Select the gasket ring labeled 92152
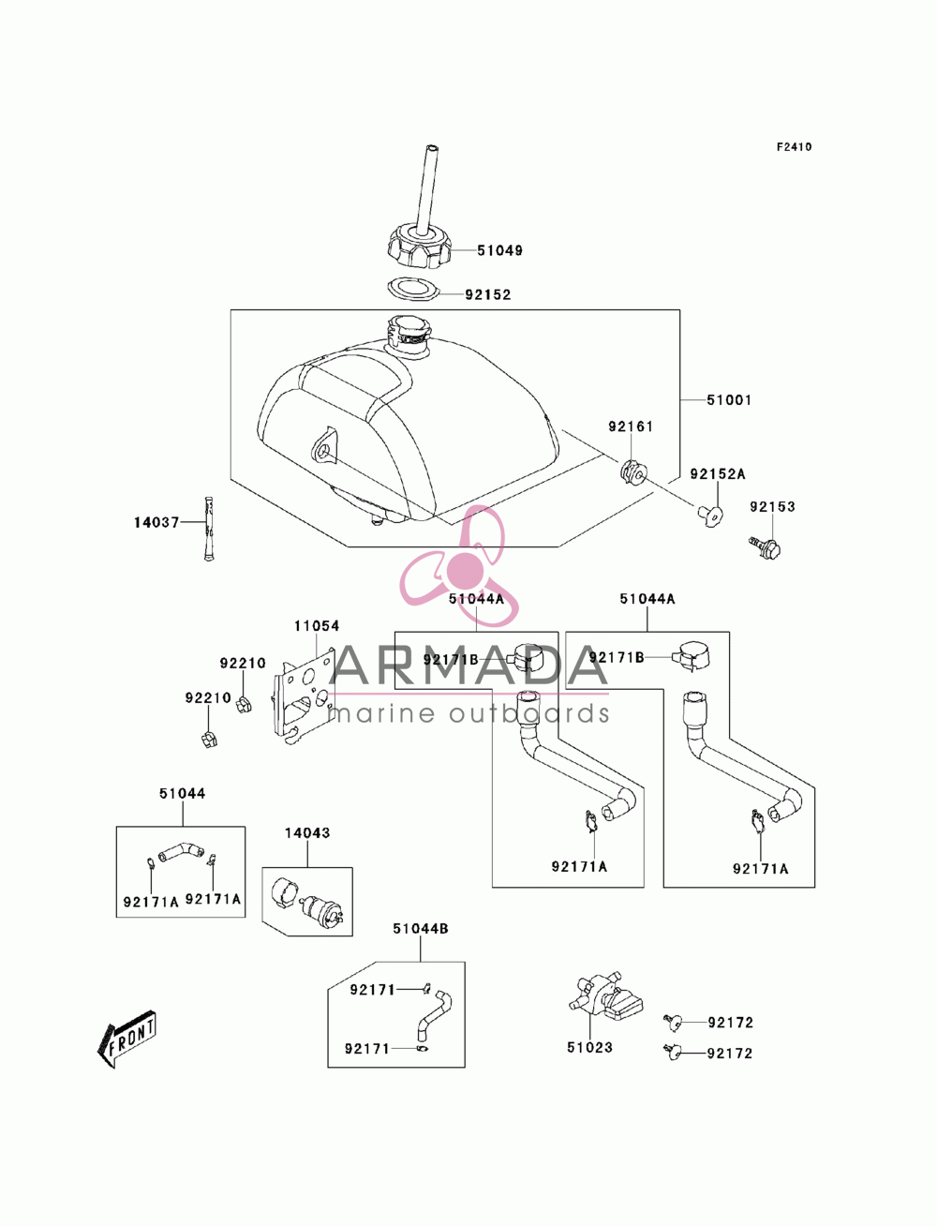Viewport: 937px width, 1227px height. point(413,290)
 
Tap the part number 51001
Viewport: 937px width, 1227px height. point(729,400)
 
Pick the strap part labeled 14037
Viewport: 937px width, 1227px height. point(210,529)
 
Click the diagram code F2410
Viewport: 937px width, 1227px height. point(794,147)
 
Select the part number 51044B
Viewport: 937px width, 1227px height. point(420,928)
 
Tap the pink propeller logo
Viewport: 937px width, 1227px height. point(459,566)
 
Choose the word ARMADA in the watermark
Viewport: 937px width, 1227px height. point(468,665)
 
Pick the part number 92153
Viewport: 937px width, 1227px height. point(772,506)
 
